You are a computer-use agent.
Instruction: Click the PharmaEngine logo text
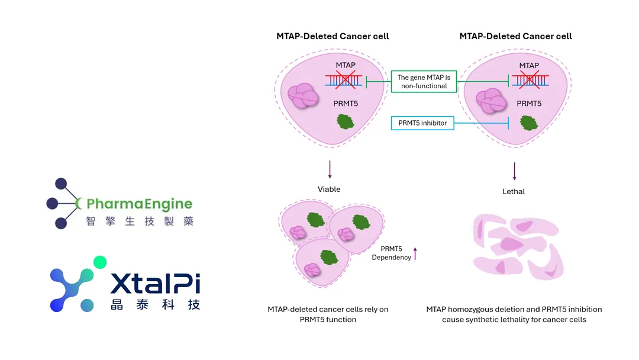click(x=139, y=204)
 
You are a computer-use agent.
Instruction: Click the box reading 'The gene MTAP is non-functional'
click(x=424, y=82)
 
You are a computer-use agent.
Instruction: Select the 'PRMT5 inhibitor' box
click(x=422, y=123)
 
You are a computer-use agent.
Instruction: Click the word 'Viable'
click(x=330, y=189)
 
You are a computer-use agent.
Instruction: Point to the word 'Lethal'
click(x=514, y=191)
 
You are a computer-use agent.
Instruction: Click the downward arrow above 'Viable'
click(x=330, y=170)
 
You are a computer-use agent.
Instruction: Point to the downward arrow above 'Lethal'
click(x=514, y=171)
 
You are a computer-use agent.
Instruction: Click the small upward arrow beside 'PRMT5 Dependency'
click(x=415, y=253)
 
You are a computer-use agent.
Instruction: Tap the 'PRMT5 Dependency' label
click(x=391, y=253)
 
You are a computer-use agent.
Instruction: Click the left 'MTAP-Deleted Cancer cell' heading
click(x=333, y=36)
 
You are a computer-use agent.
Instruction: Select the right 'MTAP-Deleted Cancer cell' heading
click(x=515, y=36)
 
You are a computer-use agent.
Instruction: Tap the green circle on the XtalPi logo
click(x=100, y=262)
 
